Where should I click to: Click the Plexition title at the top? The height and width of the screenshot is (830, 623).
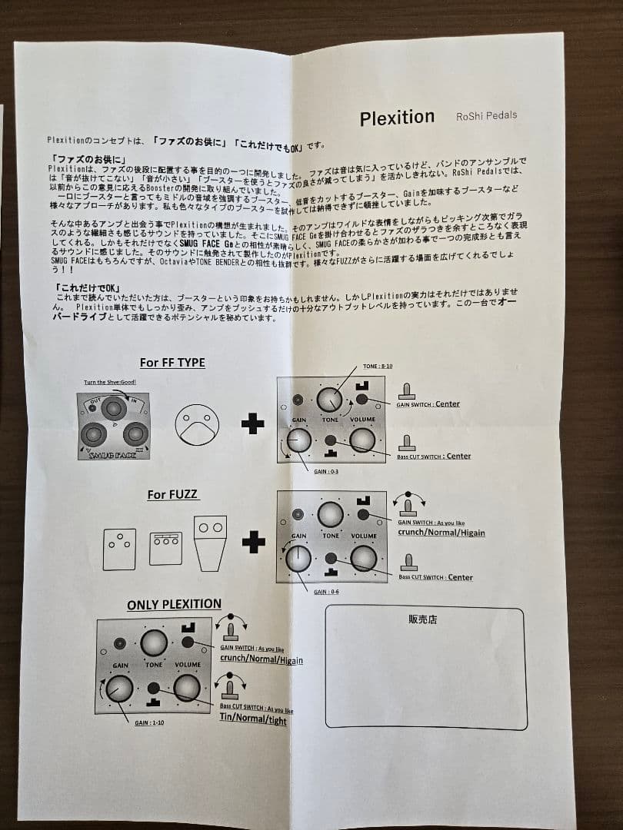point(397,118)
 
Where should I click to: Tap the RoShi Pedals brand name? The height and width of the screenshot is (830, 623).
point(486,115)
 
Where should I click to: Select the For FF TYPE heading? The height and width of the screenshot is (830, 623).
point(172,362)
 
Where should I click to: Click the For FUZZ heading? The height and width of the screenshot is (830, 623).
point(173,494)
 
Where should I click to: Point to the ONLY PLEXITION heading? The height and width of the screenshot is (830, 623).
point(174,604)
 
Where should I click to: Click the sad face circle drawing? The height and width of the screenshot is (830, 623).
point(197,423)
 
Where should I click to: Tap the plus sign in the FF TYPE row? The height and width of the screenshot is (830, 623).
point(252,423)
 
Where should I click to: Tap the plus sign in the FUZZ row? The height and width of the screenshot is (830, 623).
point(253,543)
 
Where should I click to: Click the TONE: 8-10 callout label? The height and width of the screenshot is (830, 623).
point(378,367)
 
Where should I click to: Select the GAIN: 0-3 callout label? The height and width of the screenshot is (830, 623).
point(326,471)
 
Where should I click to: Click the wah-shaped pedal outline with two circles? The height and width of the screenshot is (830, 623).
point(210,542)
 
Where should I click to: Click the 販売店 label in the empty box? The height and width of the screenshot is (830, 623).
point(422,619)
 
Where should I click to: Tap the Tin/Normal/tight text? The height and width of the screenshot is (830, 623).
point(253,719)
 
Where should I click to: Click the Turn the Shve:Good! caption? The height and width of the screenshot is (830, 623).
point(110,382)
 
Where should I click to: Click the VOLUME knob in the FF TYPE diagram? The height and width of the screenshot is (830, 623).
point(361,440)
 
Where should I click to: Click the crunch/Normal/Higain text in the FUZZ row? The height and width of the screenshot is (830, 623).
point(441,532)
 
